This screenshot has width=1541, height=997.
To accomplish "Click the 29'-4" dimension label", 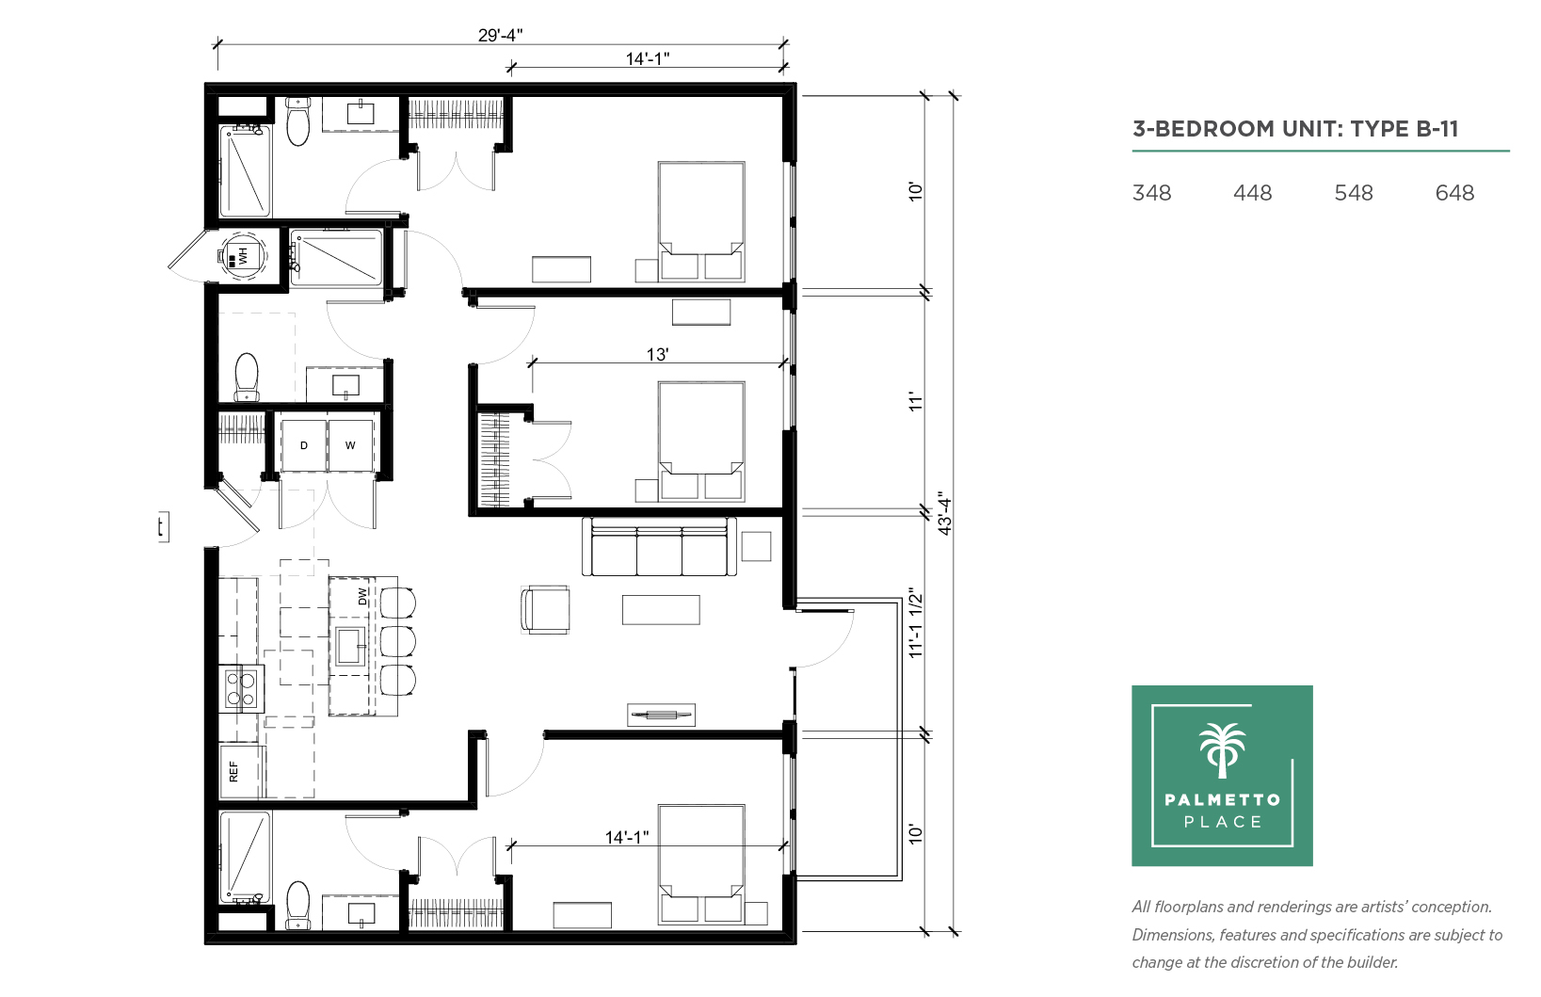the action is tap(500, 35).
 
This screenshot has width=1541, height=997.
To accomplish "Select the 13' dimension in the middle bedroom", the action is tap(657, 354).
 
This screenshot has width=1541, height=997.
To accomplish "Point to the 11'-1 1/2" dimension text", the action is tap(915, 622).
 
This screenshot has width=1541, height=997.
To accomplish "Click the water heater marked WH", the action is tap(242, 256).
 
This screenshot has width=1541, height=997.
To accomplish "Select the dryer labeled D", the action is tap(303, 446).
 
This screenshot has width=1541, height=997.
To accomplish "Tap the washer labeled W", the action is tap(350, 446).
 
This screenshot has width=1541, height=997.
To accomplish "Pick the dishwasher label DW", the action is tap(362, 597).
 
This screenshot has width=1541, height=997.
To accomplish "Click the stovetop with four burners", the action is tap(242, 689).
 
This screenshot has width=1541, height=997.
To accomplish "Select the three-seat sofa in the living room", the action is tap(659, 547).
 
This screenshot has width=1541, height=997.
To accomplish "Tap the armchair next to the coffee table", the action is tap(545, 610).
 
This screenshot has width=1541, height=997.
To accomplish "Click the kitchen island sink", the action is tap(350, 647).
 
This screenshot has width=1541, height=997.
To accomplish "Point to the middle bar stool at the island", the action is tap(397, 642).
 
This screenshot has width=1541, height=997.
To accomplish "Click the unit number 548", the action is tap(1353, 193).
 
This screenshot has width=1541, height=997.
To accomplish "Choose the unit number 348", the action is tap(1151, 193).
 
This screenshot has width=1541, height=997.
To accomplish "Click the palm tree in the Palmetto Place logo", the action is tap(1223, 750).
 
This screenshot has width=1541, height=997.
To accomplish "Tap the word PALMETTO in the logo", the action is tap(1223, 800).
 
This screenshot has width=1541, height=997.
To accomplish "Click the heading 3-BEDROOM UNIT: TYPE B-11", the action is tap(1295, 129).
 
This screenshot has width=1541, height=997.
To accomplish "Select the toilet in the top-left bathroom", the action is tap(297, 121).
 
